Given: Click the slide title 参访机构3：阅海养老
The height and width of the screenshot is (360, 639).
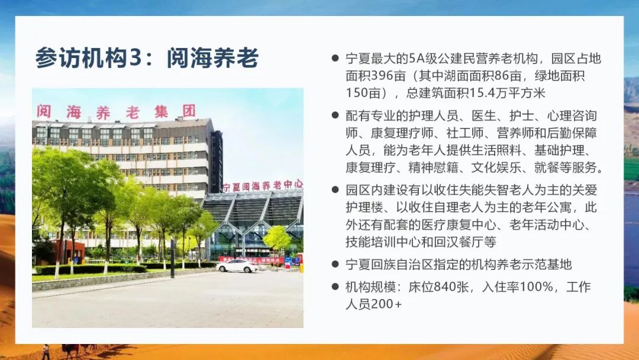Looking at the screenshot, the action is point(147,58).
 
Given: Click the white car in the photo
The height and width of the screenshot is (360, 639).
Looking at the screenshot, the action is point(237,266).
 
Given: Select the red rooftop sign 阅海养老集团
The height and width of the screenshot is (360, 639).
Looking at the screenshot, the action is point(117,112).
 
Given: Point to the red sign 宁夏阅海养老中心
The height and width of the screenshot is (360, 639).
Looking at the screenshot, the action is point(263,186).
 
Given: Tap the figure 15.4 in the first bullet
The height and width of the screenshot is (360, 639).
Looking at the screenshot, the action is point(482,93).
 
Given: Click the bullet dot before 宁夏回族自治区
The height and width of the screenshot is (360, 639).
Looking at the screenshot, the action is point(335,264).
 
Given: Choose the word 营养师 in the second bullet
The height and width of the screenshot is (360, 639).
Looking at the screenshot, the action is point(515,133).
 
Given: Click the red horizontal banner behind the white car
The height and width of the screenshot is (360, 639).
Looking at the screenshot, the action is point(251,260).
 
